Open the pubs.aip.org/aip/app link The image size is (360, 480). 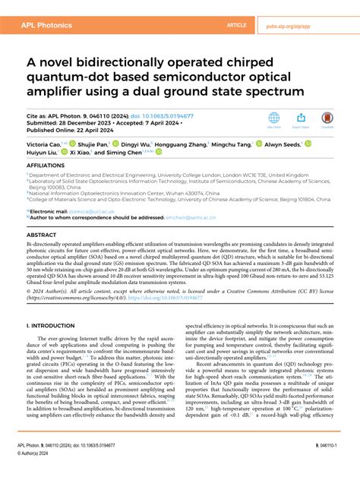[311, 25]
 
